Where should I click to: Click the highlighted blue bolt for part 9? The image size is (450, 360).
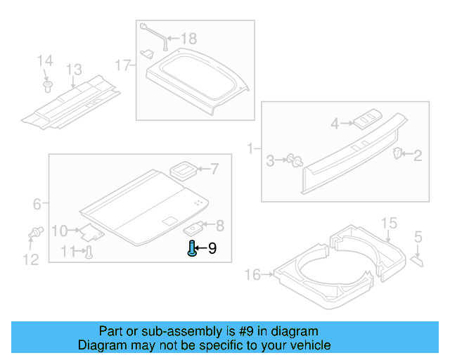pos(192,247)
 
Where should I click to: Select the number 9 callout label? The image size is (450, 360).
pos(212,248)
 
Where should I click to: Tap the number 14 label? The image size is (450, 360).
pos(44,62)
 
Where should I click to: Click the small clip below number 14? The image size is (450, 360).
pos(47,86)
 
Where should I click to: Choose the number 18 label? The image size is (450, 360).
pos(189,39)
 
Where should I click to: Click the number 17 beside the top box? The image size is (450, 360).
pos(123,66)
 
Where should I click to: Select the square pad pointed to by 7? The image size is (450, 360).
pos(184,169)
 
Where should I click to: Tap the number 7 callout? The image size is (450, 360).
pos(214,169)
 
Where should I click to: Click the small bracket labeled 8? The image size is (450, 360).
pos(194,228)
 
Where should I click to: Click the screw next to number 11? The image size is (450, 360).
pos(89,253)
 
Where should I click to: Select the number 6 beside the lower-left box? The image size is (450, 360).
pos(37,205)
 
